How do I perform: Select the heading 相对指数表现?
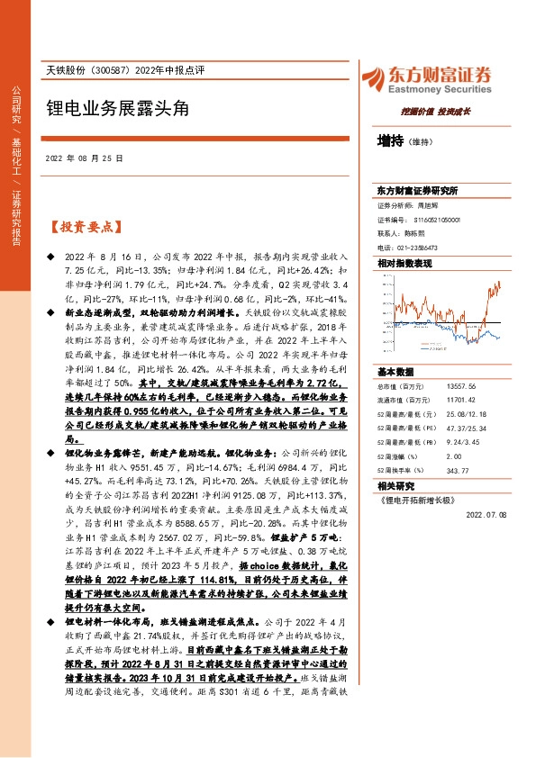click(x=404, y=263)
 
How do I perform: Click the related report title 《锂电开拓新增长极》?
click(x=417, y=498)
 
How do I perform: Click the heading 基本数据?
click(x=396, y=372)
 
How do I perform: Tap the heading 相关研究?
click(x=396, y=483)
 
